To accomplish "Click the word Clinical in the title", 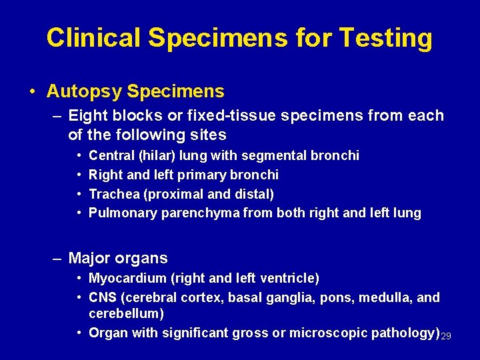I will click(x=94, y=38).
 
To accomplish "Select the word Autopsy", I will click(x=85, y=91).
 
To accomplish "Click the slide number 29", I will click(x=446, y=335).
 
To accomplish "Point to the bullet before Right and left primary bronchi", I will click(x=79, y=175).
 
